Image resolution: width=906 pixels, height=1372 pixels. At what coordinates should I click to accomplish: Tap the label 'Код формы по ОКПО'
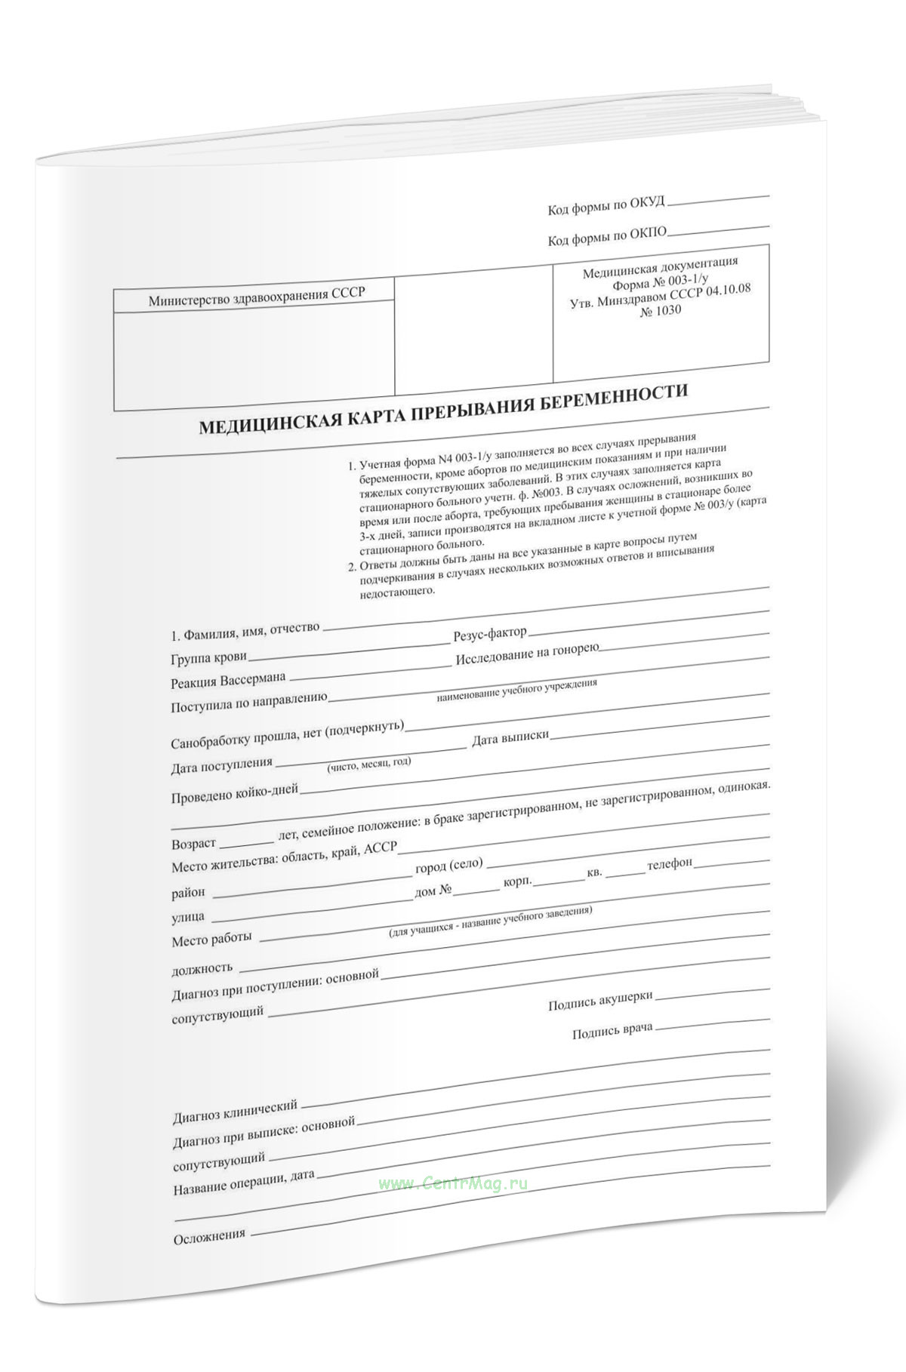[x=607, y=237]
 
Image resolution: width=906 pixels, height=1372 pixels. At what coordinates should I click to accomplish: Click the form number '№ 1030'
[x=660, y=309]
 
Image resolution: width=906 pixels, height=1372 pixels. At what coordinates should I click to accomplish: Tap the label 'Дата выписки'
[x=510, y=737]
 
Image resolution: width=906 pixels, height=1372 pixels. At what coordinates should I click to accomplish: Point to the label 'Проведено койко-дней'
[x=235, y=792]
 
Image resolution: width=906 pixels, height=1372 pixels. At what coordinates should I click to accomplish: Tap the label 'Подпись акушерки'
[x=600, y=1001]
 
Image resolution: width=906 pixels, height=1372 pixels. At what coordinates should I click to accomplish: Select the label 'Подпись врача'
[x=612, y=1031]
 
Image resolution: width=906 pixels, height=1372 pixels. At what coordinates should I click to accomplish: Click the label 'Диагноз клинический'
[x=236, y=1107]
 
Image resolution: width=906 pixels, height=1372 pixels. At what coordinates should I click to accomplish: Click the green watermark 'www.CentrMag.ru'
[x=453, y=1183]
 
